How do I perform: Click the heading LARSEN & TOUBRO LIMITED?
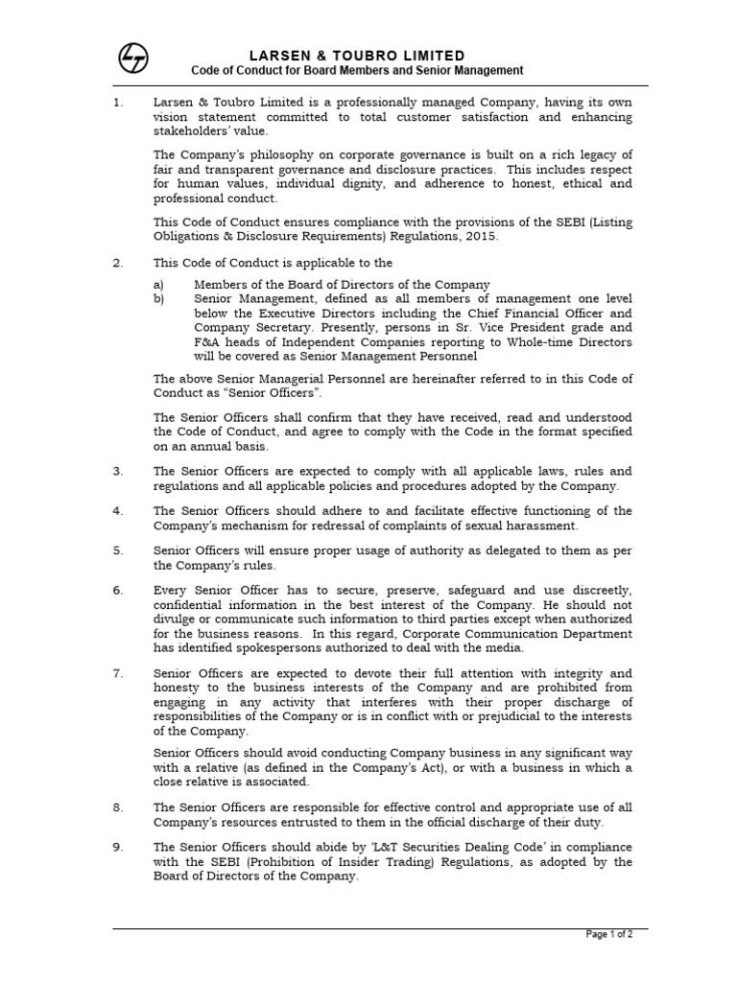point(357,56)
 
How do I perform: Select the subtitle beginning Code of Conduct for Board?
point(357,71)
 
